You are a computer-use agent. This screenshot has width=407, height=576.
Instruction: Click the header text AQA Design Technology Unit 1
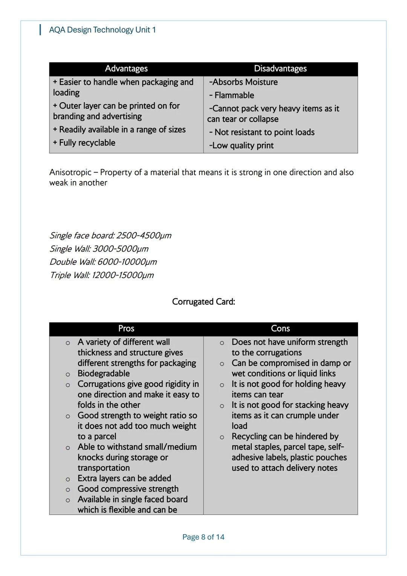click(102, 30)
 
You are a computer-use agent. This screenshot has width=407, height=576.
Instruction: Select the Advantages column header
click(126, 69)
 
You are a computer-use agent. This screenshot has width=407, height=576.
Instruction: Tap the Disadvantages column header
click(280, 69)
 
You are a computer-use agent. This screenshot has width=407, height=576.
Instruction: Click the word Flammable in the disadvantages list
click(234, 95)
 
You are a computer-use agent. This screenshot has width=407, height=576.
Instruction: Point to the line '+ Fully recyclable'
click(84, 143)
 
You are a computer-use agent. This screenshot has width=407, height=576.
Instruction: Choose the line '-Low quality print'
click(241, 146)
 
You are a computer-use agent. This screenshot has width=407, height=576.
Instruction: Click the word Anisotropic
click(70, 172)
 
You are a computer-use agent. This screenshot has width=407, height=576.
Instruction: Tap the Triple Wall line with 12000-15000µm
click(102, 275)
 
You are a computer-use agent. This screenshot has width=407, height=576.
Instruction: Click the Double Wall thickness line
click(103, 262)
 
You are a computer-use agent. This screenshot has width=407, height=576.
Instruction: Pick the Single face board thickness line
click(110, 236)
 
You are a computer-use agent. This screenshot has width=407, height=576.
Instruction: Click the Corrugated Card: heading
click(203, 302)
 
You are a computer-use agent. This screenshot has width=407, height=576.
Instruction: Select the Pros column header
click(126, 329)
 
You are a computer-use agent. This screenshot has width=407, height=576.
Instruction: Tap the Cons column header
click(280, 329)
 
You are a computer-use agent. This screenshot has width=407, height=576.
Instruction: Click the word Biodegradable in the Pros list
click(104, 373)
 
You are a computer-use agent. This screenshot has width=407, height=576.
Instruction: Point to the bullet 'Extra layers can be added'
click(124, 478)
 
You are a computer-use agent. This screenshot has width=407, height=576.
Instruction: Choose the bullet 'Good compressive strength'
click(128, 489)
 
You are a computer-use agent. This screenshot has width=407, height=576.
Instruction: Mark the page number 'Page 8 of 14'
click(203, 537)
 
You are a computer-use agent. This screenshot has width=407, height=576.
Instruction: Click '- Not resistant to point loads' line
click(262, 132)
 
